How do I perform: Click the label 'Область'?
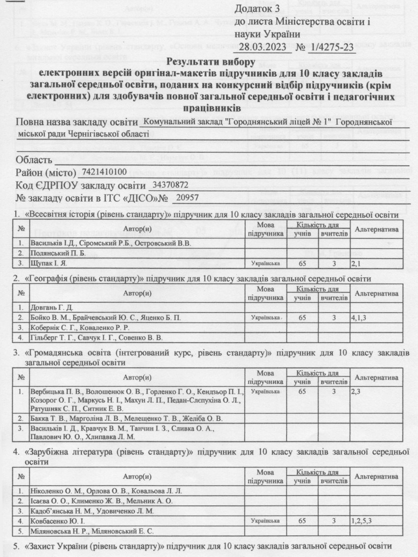34,160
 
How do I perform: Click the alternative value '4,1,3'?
359,318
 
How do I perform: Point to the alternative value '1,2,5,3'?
361,521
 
